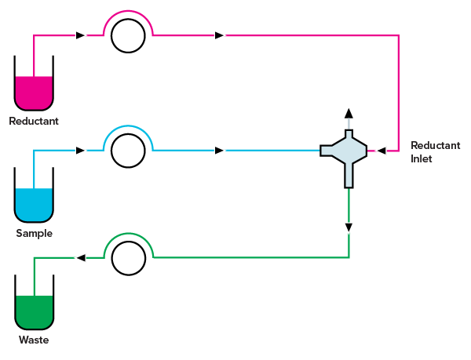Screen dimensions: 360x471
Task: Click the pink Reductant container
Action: tap(35, 93)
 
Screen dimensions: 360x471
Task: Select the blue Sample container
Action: tap(35, 205)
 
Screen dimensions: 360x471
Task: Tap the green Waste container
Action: tap(35, 312)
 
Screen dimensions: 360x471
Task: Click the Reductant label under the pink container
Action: tap(34, 122)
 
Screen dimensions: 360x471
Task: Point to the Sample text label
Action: tap(34, 234)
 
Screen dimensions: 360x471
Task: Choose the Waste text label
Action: tap(34, 340)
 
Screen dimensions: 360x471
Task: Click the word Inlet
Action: tap(421, 159)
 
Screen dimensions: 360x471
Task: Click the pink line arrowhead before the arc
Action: tap(81, 35)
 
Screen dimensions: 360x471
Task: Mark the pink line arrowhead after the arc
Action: tap(220, 35)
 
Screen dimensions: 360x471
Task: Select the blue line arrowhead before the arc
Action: tap(81, 151)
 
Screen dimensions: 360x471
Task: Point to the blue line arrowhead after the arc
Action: tap(220, 151)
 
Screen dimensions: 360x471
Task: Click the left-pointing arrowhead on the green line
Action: tap(80, 257)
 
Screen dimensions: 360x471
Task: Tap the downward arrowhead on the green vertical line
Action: tap(349, 228)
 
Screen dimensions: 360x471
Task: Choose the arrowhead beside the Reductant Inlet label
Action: tap(380, 151)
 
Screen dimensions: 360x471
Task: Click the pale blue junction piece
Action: tap(345, 151)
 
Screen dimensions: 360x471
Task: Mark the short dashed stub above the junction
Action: tap(349, 124)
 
